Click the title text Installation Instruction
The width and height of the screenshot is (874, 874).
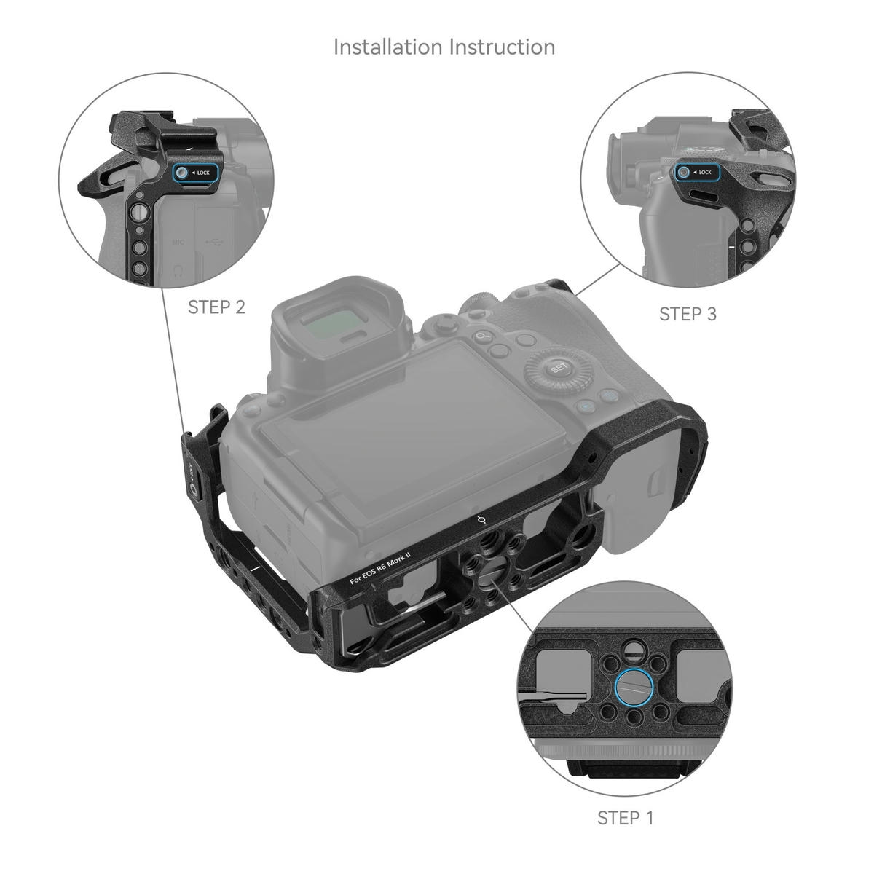click(444, 47)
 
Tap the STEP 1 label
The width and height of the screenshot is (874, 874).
click(625, 818)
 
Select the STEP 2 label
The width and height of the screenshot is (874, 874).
click(216, 307)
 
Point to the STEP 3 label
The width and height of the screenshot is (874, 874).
click(688, 314)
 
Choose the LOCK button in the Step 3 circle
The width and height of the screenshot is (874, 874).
click(696, 173)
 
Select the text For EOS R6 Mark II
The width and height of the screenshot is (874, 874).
click(380, 567)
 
